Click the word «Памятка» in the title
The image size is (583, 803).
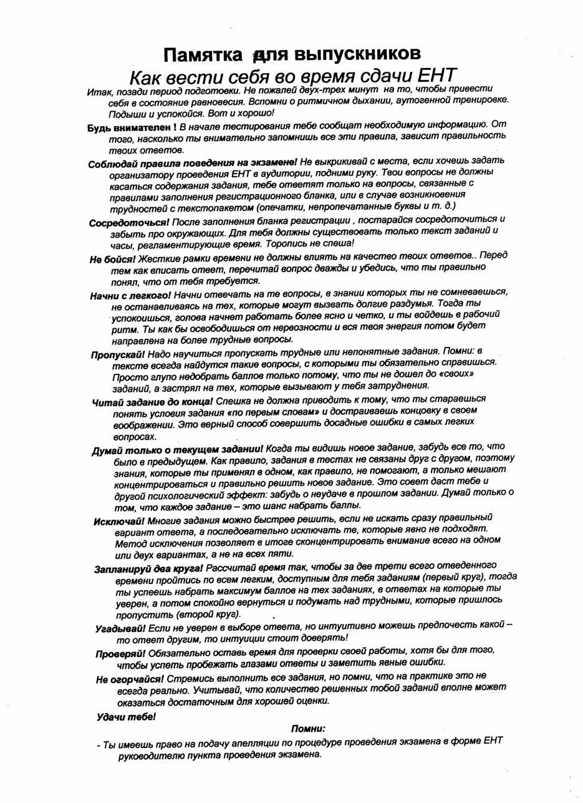tap(203, 55)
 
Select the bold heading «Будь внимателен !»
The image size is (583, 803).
tap(132, 127)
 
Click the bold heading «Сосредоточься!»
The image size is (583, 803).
tap(130, 222)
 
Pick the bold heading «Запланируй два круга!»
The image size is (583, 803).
tap(148, 570)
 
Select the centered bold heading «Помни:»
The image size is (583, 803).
tap(308, 728)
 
